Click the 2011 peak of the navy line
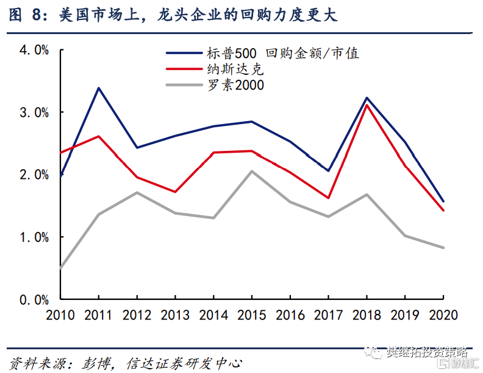[99, 88]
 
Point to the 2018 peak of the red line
[367, 105]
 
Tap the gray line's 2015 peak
[252, 171]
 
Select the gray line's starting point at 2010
[60, 267]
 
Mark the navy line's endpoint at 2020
[443, 201]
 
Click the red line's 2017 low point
[328, 198]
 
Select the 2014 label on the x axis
[213, 316]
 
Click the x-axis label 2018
[367, 316]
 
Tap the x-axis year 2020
[443, 316]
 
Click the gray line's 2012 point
[137, 192]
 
